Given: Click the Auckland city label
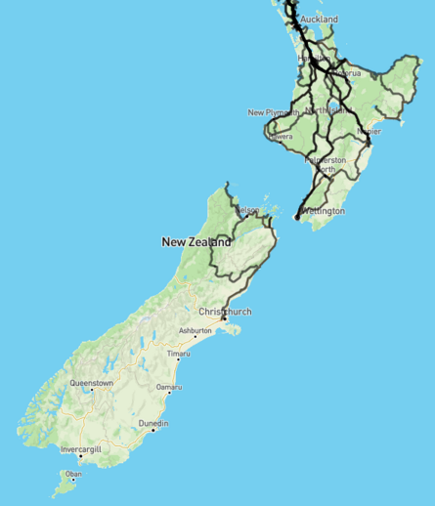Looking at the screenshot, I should pos(320,20).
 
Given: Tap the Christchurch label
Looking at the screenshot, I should pos(226,312).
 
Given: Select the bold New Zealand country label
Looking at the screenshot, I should pos(196,241).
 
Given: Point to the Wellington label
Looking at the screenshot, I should pos(323,211).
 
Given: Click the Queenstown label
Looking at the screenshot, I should pos(91,384).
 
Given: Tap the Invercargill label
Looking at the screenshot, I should pos(81,449).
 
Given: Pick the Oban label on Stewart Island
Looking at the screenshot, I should pos(73,475).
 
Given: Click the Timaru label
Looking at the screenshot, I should pos(178,353).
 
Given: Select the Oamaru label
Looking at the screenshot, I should pos(169,388).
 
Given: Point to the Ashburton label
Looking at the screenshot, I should pos(195,331).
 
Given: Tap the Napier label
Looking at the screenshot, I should pos(369,131).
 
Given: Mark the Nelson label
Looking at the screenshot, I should pos(247,210).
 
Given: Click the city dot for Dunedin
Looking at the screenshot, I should pos(152,431).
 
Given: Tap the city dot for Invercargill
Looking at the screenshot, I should pos(80,456).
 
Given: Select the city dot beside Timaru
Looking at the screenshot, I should pos(177,359).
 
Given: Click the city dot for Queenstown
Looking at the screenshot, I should pos(91,391).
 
